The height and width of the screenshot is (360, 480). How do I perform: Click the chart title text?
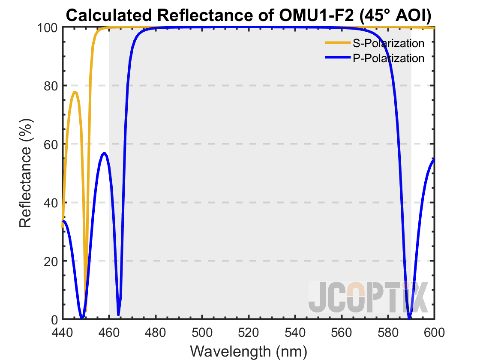249,16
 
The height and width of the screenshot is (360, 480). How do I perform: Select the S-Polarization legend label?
388,43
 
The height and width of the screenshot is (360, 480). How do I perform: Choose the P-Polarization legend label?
388,58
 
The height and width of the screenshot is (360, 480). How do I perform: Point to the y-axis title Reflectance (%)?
26,174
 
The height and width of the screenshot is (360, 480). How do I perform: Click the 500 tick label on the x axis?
202,332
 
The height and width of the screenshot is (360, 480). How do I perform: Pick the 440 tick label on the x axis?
63,332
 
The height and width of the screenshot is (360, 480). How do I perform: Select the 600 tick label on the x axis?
435,332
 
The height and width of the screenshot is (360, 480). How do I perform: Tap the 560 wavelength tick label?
342,332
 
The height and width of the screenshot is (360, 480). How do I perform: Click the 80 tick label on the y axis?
50,86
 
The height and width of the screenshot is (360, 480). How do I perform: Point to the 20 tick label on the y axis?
50,261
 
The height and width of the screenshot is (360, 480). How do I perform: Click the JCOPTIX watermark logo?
369,297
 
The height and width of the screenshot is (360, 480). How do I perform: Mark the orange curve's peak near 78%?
75,92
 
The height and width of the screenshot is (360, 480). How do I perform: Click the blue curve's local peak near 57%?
104,153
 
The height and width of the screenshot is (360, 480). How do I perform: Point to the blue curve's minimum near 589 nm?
409,318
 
